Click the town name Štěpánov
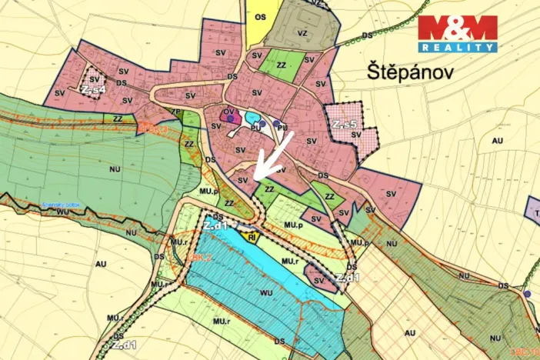click(410, 73)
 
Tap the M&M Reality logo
click(457, 34)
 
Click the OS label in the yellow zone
click(261, 15)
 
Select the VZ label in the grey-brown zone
click(302, 33)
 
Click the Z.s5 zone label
click(344, 124)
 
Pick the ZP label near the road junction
click(175, 112)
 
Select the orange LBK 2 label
click(198, 256)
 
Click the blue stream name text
click(62, 205)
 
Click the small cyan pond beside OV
click(252, 118)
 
